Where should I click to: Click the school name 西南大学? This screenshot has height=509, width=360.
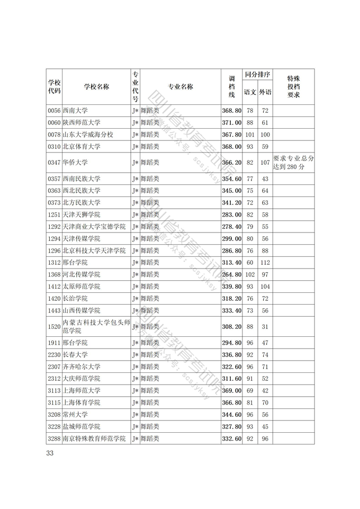(x=75, y=111)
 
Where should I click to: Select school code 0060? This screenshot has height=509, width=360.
(x=54, y=123)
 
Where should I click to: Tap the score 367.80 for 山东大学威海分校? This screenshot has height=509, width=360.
(x=231, y=135)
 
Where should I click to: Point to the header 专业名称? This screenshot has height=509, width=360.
(x=180, y=87)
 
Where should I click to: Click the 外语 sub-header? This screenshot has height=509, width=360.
(x=265, y=92)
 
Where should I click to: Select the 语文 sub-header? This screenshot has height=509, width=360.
(x=250, y=92)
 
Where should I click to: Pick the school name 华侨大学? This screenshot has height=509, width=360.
(x=75, y=162)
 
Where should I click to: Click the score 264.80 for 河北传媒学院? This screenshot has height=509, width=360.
(x=231, y=274)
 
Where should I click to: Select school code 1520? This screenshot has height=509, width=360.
(x=54, y=327)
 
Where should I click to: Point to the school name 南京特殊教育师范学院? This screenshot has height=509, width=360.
(x=94, y=439)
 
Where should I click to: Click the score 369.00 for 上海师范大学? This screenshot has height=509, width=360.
(x=231, y=390)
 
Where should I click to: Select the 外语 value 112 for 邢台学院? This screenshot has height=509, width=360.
(x=265, y=263)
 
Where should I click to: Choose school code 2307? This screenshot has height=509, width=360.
(x=54, y=367)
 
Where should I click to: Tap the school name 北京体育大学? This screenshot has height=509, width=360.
(x=81, y=147)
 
